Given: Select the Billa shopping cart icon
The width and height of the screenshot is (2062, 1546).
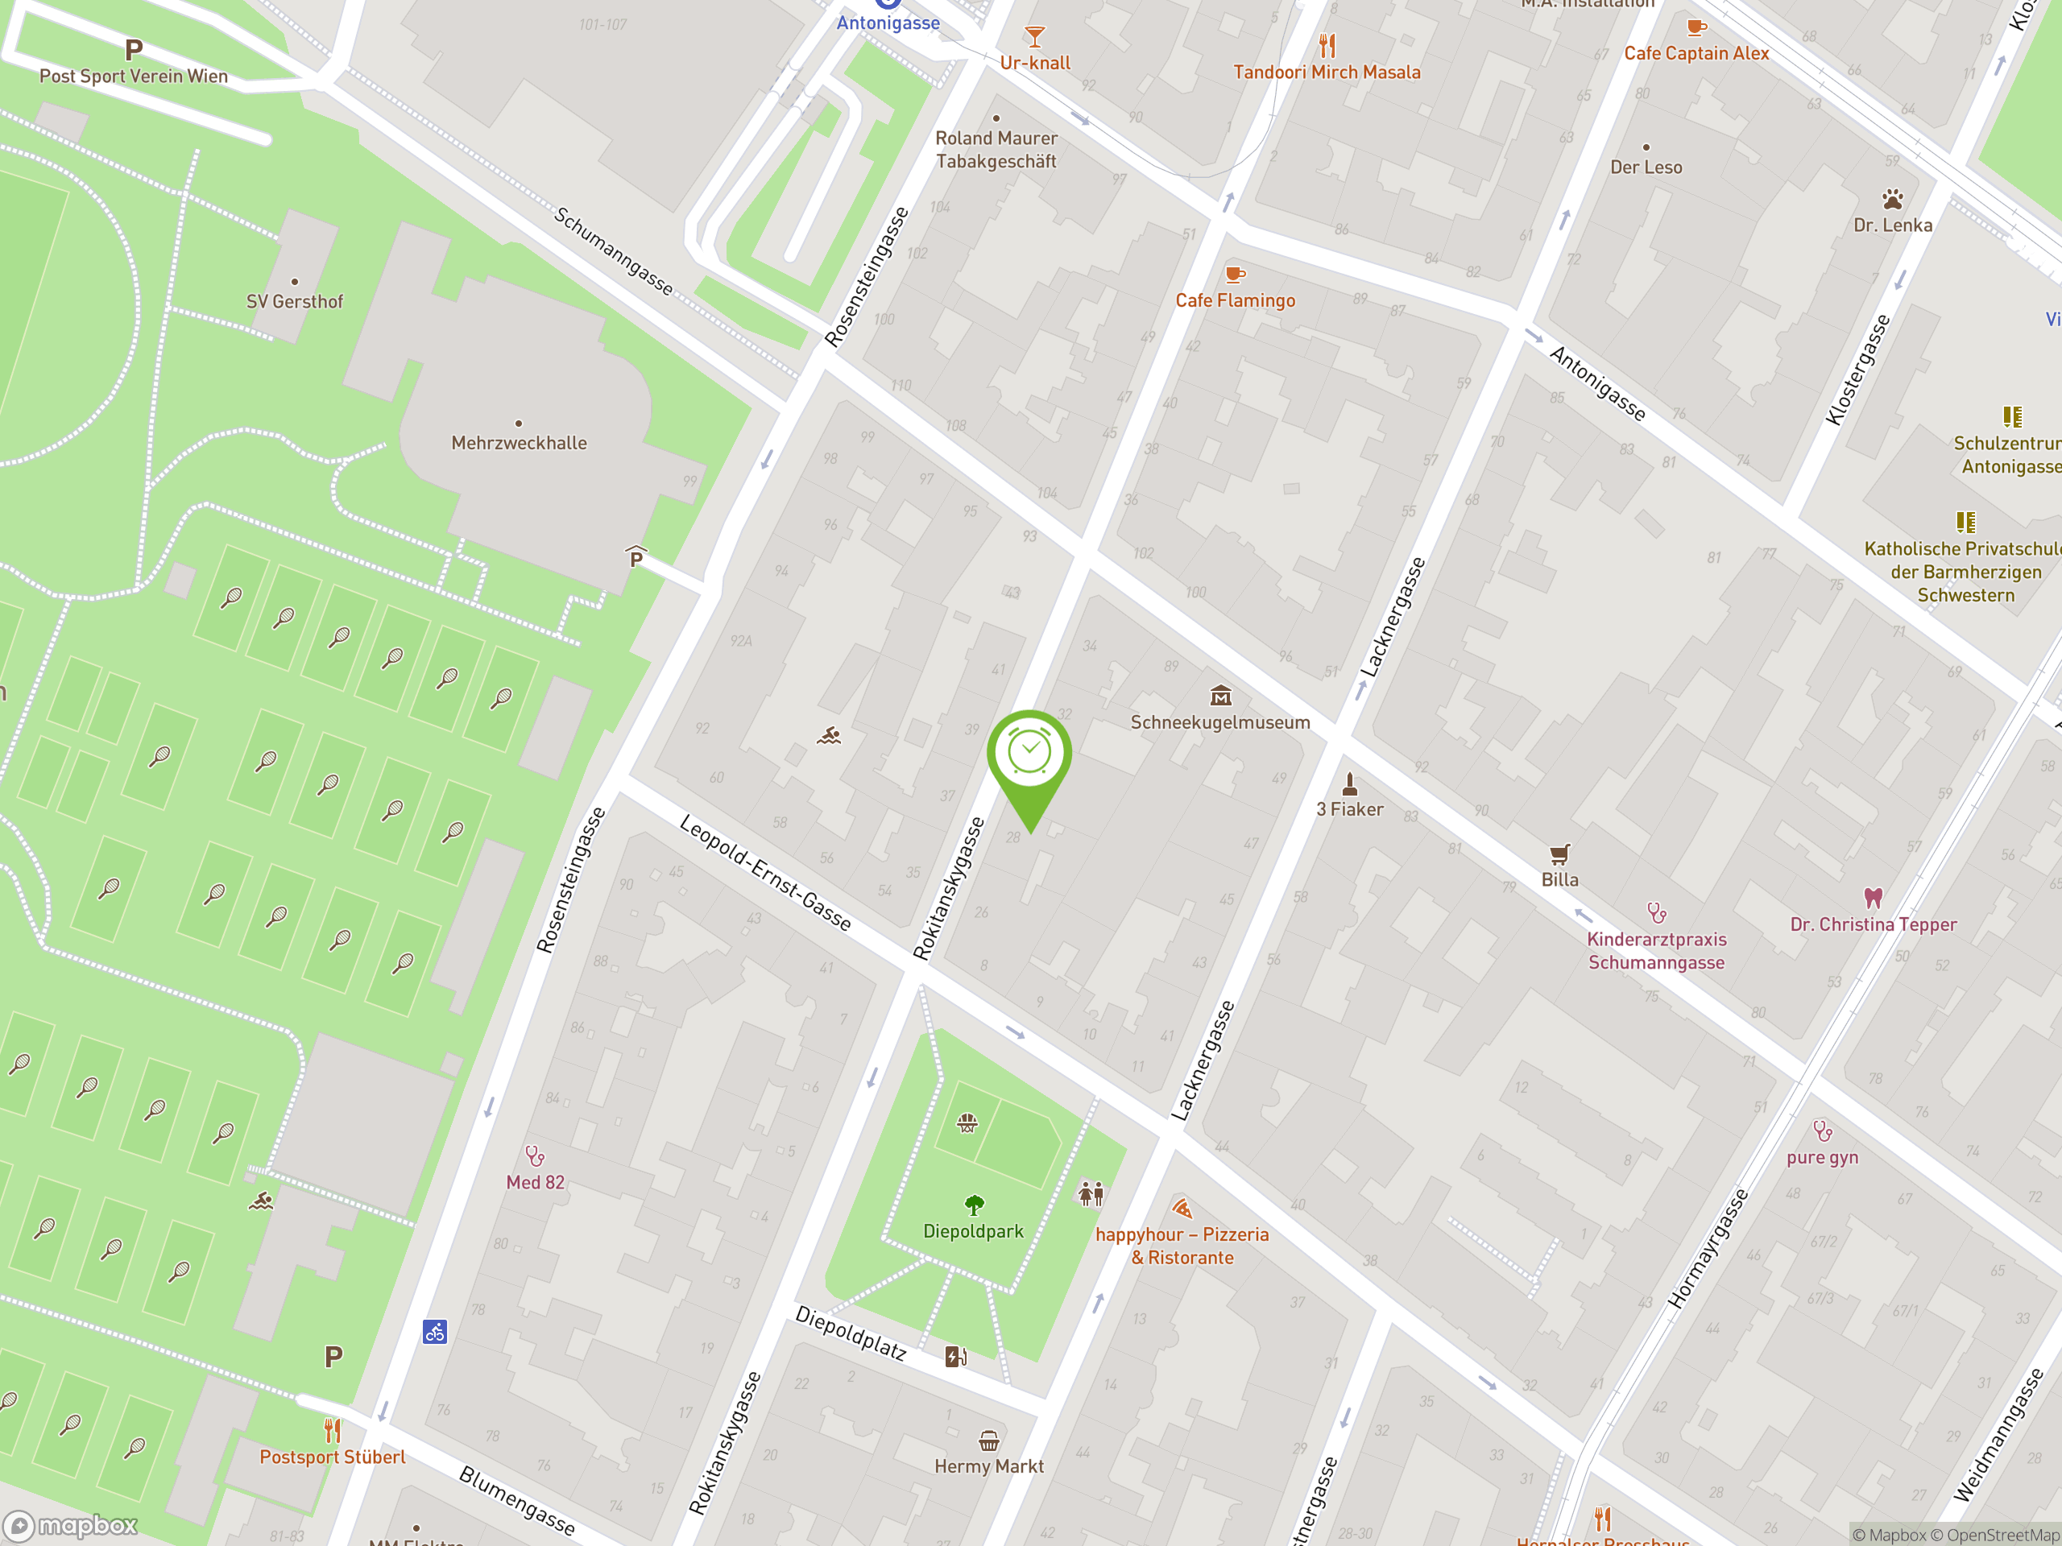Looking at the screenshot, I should click(x=1559, y=854).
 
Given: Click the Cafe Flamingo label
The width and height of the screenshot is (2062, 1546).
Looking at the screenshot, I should click(x=1234, y=300).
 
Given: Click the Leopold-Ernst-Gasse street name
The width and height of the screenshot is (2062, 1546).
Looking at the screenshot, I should click(x=764, y=872).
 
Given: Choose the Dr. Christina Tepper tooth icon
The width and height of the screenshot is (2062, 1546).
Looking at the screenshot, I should click(x=1873, y=899).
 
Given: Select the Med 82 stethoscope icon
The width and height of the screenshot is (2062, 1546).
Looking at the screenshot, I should click(x=535, y=1156).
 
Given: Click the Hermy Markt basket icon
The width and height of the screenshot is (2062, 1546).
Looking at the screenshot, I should click(x=988, y=1441).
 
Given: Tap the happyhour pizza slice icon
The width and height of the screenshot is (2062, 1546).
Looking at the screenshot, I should click(x=1182, y=1209).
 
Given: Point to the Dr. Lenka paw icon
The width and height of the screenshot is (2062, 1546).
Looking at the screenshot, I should click(x=1891, y=199).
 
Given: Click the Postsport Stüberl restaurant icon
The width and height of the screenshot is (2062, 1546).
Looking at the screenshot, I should click(x=332, y=1429).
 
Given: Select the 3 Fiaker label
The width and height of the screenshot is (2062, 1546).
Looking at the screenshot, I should click(x=1349, y=809).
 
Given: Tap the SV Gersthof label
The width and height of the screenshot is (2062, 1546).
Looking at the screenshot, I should click(x=294, y=301).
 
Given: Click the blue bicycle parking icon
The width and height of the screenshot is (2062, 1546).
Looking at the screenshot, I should click(x=434, y=1332).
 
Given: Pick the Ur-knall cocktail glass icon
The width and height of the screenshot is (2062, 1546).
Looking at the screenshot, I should click(x=1033, y=37).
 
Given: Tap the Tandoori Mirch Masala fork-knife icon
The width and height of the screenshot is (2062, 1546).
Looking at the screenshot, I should click(x=1327, y=45).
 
